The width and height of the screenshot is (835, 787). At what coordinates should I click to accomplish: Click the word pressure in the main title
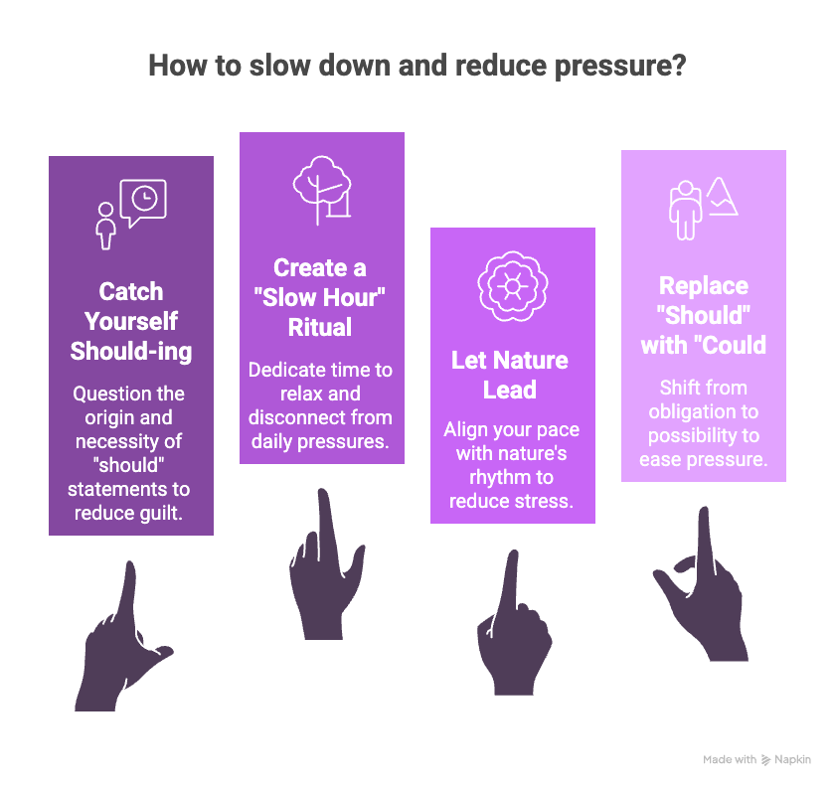(x=618, y=66)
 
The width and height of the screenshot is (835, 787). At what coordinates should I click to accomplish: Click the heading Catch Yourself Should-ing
(x=131, y=321)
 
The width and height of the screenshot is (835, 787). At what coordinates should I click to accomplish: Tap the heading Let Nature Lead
(x=512, y=375)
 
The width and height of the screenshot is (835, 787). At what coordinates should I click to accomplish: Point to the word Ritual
(x=321, y=327)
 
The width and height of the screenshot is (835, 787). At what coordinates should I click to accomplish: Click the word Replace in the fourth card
(x=704, y=286)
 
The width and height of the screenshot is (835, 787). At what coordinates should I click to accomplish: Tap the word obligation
(x=702, y=411)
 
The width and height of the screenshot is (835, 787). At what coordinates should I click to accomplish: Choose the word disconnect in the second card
(x=292, y=417)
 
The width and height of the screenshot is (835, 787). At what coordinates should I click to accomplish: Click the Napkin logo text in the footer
(x=792, y=759)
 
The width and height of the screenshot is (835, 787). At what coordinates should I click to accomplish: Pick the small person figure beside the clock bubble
(x=105, y=225)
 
